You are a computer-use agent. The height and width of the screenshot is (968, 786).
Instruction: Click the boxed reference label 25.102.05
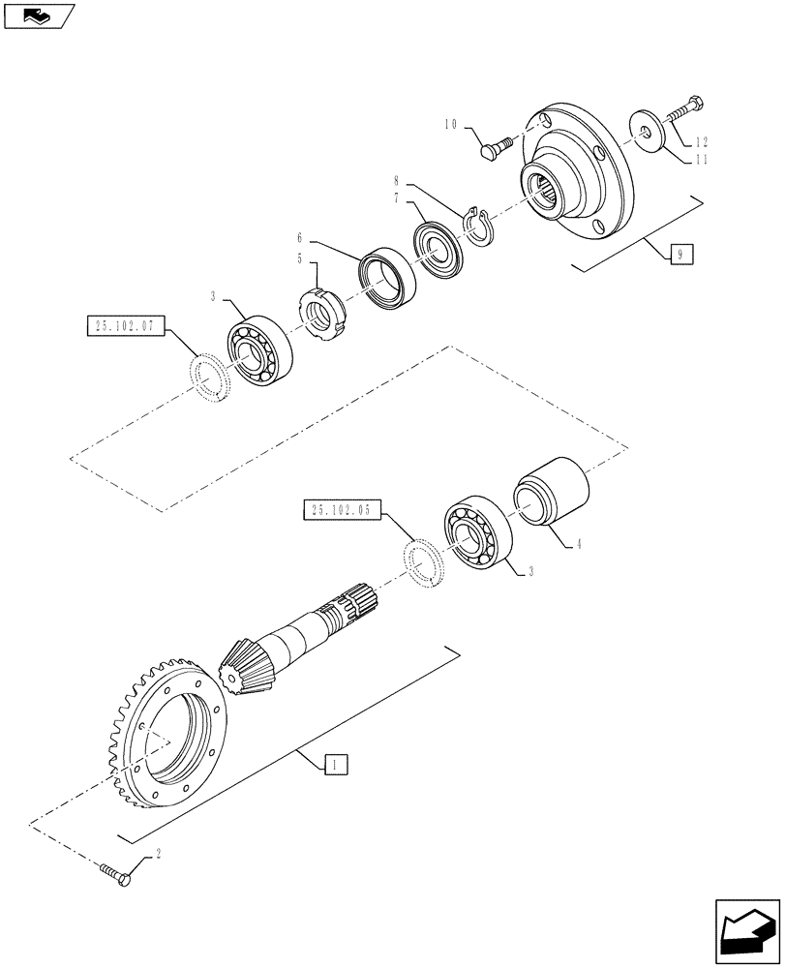coord(344,510)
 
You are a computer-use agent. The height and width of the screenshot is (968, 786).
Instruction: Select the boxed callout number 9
coord(680,256)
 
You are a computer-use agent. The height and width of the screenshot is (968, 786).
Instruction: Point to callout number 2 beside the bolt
coord(157,856)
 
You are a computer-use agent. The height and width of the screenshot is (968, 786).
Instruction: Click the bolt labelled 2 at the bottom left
coord(116,877)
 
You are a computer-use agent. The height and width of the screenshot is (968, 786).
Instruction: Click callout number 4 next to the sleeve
coord(579,545)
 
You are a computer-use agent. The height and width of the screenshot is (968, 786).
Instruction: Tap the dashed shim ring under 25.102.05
coord(423,562)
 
